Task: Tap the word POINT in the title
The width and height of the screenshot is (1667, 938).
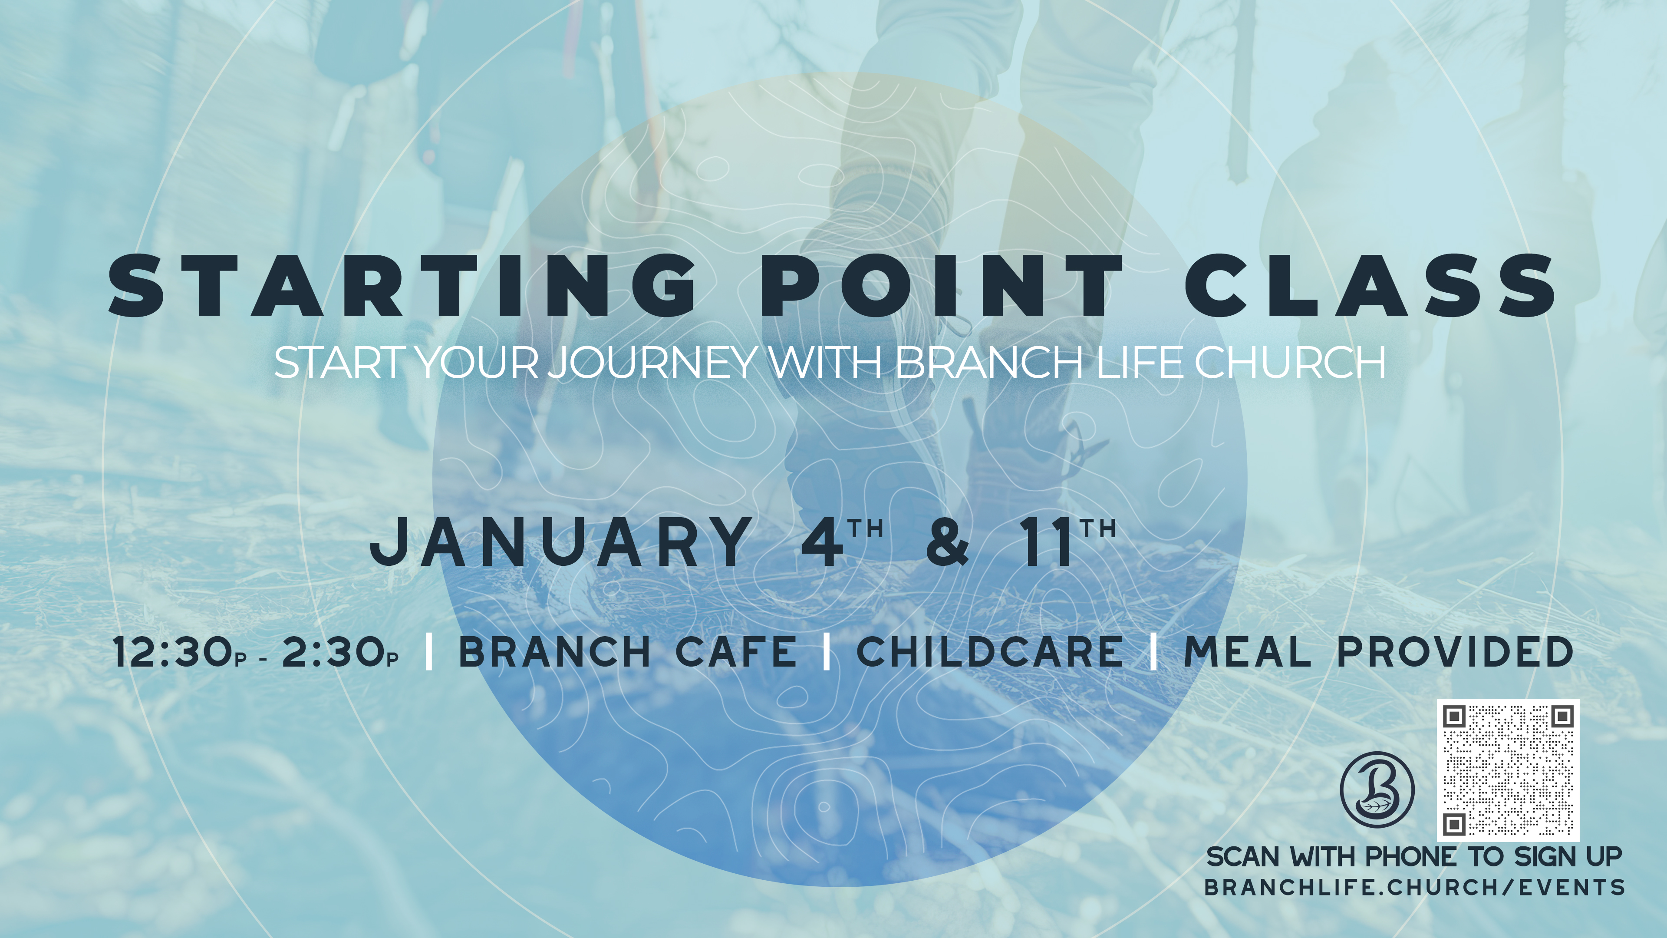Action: click(942, 285)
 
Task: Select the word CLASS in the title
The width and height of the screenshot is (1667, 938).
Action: click(1370, 285)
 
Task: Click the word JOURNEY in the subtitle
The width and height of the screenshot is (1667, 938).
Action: click(654, 363)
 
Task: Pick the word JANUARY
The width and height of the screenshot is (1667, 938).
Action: click(560, 542)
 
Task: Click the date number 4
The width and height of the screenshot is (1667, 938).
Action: click(823, 542)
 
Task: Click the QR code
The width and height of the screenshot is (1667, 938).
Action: click(1508, 770)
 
